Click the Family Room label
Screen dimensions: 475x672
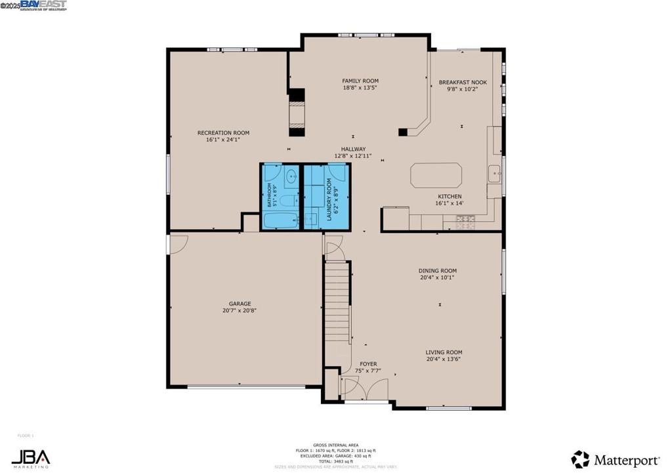pyautogui.click(x=360, y=81)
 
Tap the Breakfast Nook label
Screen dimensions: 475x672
pyautogui.click(x=463, y=82)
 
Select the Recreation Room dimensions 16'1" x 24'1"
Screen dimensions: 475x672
pyautogui.click(x=223, y=139)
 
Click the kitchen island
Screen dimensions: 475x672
pyautogui.click(x=436, y=176)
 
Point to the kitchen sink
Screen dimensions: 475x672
pyautogui.click(x=493, y=175)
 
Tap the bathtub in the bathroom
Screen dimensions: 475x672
pyautogui.click(x=280, y=219)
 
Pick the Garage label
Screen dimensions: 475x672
pyautogui.click(x=240, y=304)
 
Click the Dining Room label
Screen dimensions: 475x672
pyautogui.click(x=438, y=270)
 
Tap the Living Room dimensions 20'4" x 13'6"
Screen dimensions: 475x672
pyautogui.click(x=444, y=359)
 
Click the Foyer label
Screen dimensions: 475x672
pyautogui.click(x=368, y=363)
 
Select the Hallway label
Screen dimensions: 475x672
pyautogui.click(x=353, y=149)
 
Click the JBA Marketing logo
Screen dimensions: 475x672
pyautogui.click(x=30, y=458)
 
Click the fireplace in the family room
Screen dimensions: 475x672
pyautogui.click(x=297, y=112)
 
